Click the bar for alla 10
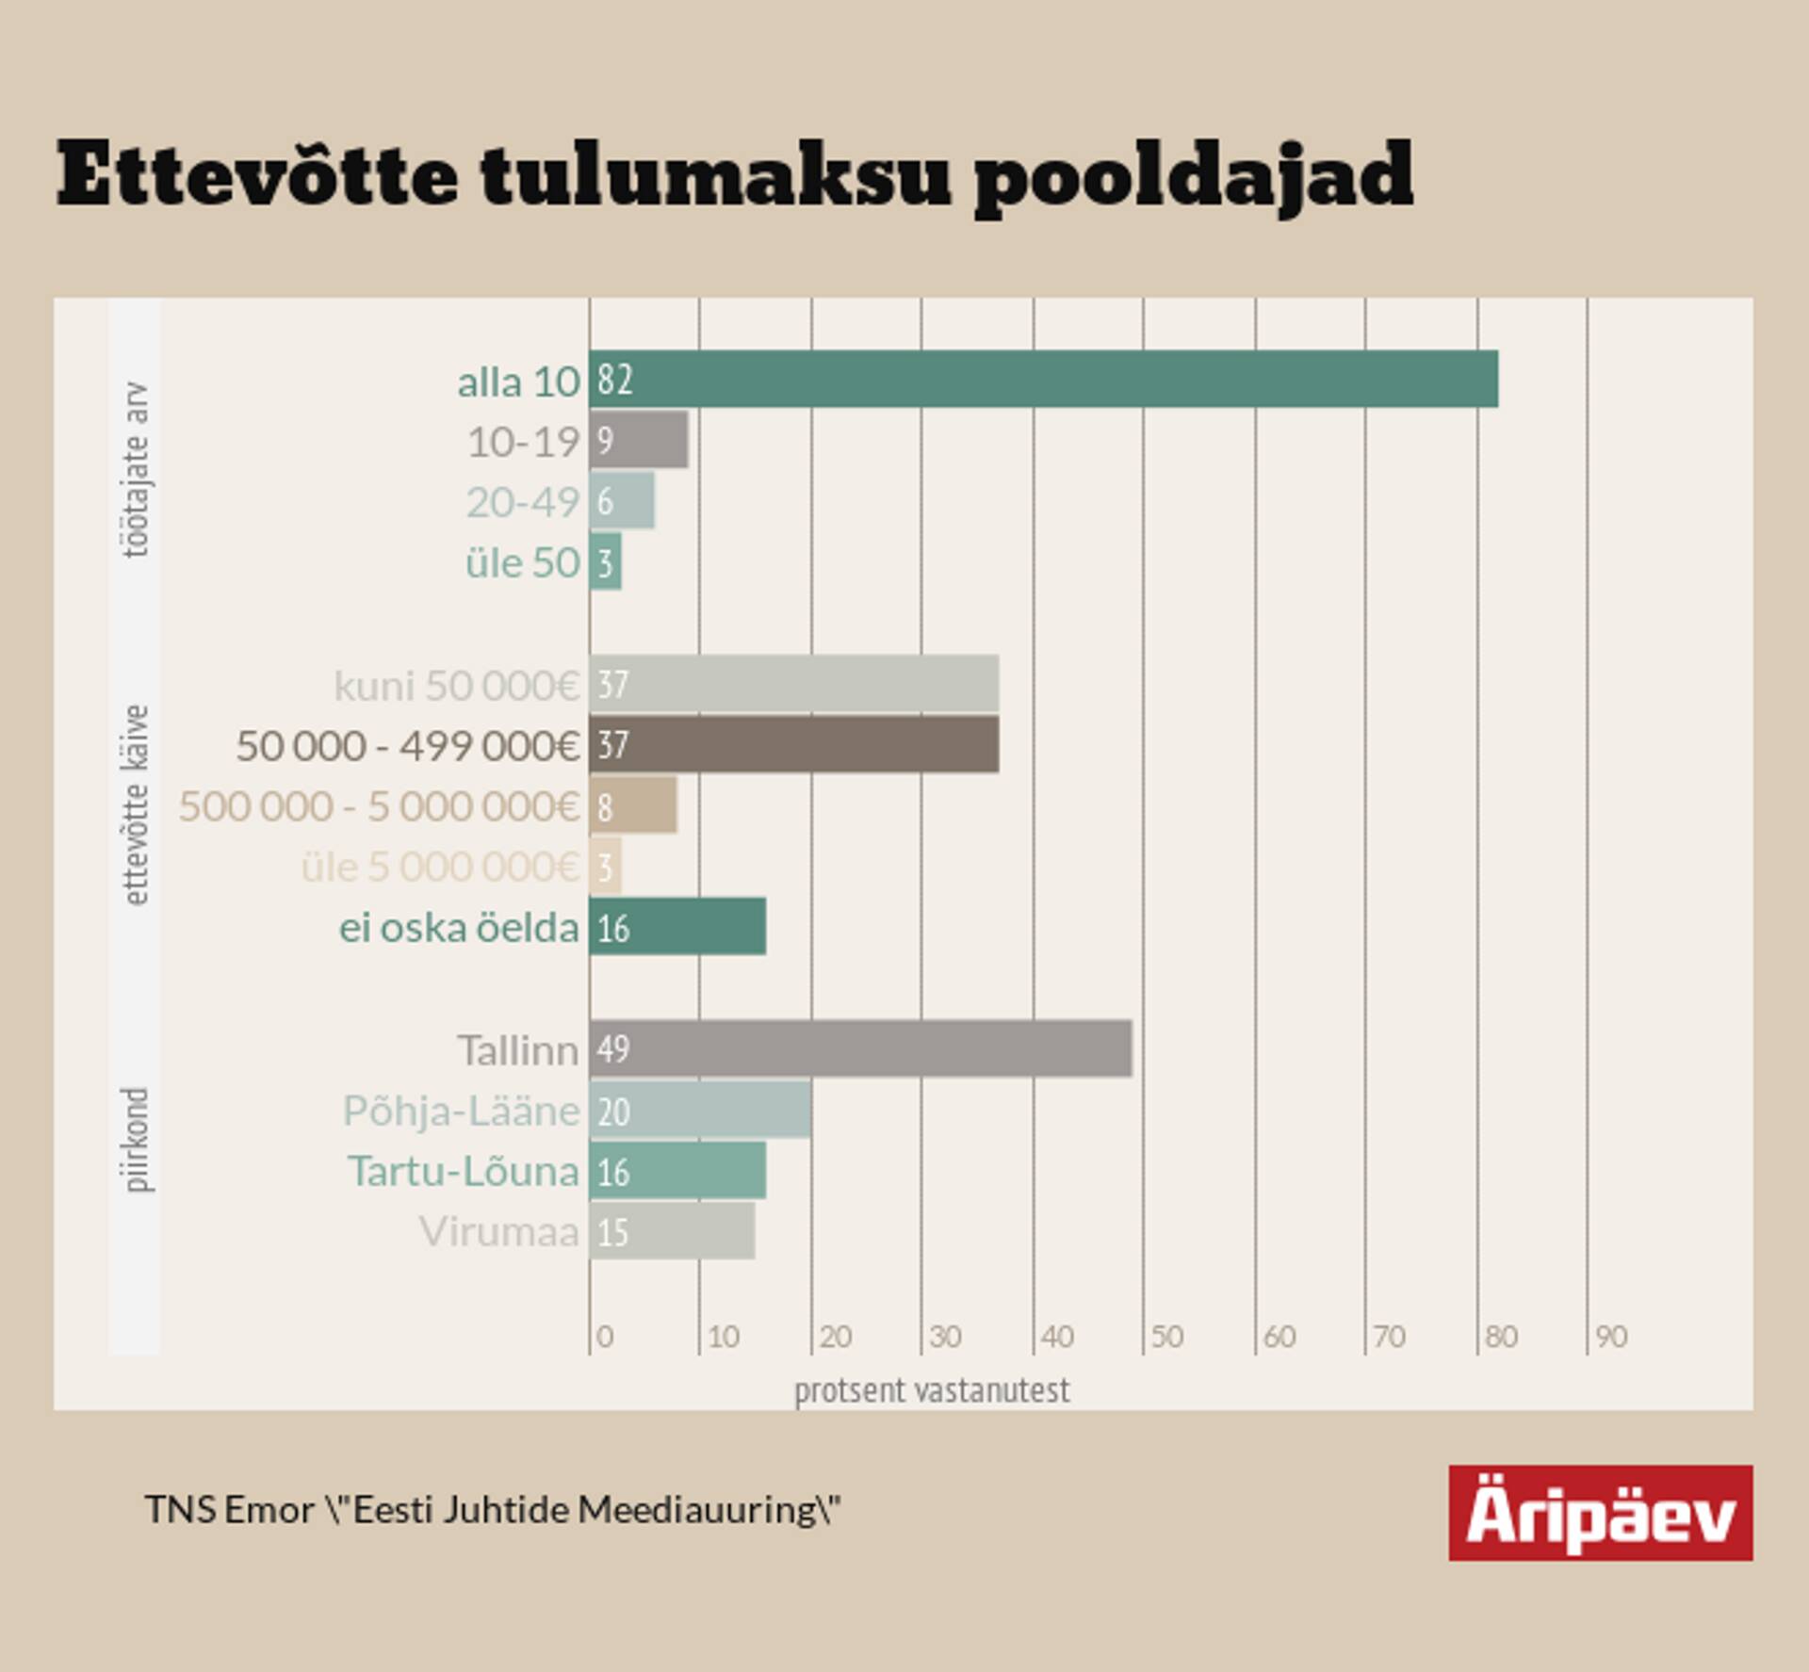[x=1043, y=379]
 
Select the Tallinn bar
[x=860, y=1048]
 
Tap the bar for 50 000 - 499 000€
[x=793, y=744]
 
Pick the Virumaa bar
[x=672, y=1230]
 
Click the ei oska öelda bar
[x=677, y=927]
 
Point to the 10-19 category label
[x=523, y=442]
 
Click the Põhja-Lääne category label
[x=461, y=1111]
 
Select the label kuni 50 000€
[x=456, y=685]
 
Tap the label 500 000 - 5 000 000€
[x=379, y=806]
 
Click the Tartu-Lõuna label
[x=464, y=1171]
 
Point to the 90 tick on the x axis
[x=1611, y=1337]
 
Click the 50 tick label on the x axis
[x=1166, y=1337]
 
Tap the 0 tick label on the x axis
[x=605, y=1337]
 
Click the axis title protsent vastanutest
[x=932, y=1390]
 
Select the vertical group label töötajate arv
[x=136, y=469]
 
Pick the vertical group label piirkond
[x=136, y=1140]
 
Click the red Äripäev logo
[x=1600, y=1513]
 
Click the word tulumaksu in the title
[x=716, y=177]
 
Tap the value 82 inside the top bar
[x=614, y=379]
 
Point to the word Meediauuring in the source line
[x=698, y=1510]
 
